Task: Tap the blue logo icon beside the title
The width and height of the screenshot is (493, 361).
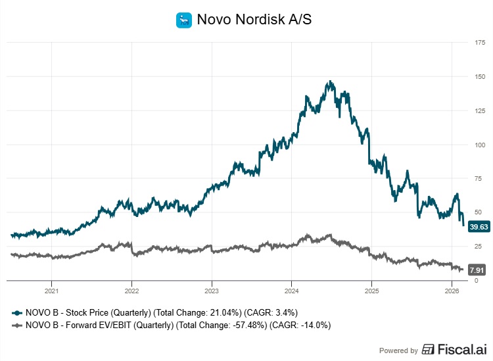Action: coord(183,20)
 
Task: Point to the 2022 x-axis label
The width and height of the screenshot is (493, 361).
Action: coord(131,290)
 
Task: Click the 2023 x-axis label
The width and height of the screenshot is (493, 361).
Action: coord(212,290)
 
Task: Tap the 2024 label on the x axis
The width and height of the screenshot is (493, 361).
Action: coord(292,290)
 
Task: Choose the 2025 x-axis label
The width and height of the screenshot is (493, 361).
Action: coord(371,290)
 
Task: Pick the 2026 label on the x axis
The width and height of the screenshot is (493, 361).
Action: coord(452,290)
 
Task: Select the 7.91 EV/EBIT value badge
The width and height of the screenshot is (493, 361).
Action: coord(477,269)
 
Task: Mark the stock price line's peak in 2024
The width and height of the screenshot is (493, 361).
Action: coord(330,82)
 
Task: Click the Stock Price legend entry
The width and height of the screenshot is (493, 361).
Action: coord(161,312)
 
